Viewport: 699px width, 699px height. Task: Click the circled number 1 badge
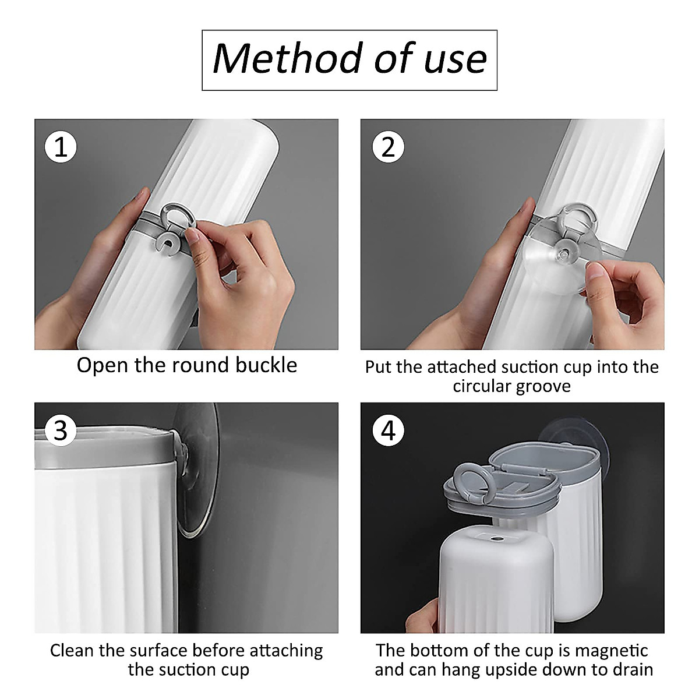(x=61, y=147)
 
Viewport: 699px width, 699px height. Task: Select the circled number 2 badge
(x=388, y=147)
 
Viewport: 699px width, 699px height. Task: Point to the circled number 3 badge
(x=61, y=431)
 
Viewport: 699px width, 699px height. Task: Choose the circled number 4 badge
(x=388, y=431)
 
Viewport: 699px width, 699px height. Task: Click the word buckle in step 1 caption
(x=266, y=365)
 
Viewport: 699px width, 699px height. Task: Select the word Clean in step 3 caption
(x=72, y=651)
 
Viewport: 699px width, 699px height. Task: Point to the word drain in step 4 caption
(x=633, y=670)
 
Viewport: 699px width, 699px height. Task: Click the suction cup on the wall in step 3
(x=196, y=472)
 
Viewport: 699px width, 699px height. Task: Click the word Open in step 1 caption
(x=103, y=366)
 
